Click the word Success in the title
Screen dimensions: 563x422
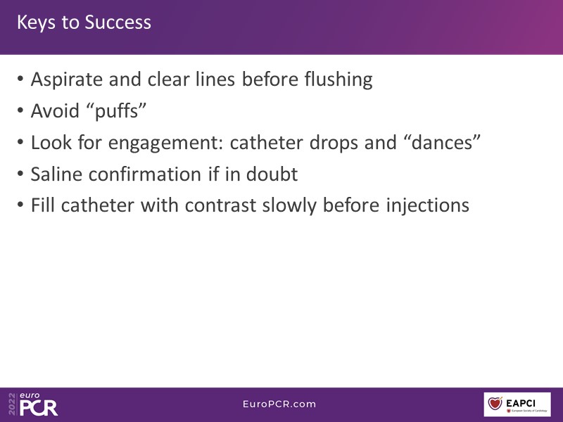118,23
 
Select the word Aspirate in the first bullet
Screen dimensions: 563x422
68,80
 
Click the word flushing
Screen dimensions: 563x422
339,80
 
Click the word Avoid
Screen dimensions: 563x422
55,110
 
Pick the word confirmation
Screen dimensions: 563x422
146,174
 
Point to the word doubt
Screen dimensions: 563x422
272,174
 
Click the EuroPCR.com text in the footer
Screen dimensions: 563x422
279,404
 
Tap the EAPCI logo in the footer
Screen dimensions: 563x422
517,404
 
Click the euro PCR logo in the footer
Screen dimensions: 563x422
33,404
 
